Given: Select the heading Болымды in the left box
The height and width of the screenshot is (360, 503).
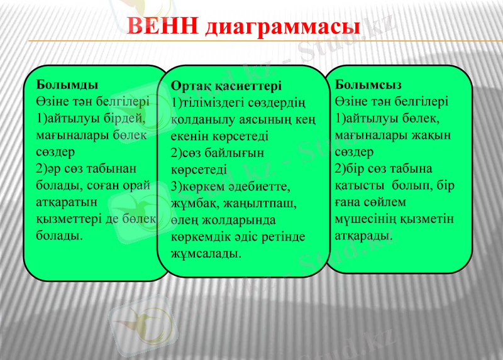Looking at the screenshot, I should coord(67,84).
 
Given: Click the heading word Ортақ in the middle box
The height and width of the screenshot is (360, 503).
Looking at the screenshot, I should coord(191,85).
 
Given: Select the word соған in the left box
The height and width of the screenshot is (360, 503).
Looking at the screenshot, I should coord(108,185).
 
